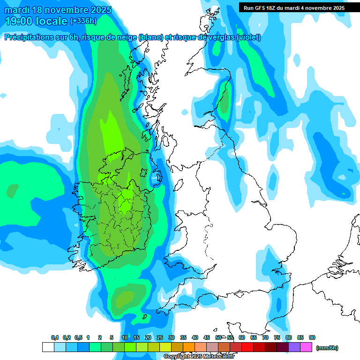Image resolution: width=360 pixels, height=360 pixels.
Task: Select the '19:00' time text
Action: tap(18, 21)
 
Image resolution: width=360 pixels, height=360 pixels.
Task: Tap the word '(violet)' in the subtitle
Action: tap(248, 37)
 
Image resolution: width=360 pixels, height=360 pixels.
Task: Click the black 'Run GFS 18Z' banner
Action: tap(294, 7)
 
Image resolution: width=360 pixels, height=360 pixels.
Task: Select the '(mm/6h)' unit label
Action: tap(327, 348)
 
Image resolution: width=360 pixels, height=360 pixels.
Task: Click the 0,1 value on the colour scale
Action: tap(55, 337)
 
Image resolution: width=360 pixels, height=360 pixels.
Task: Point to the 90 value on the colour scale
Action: tap(312, 337)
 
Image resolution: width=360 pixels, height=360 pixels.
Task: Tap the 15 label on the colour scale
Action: tap(136, 337)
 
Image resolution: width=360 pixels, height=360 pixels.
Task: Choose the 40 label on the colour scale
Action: tap(195, 337)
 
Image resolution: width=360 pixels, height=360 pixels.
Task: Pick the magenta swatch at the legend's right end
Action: tap(306, 347)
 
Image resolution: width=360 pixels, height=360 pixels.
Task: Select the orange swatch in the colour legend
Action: tap(189, 347)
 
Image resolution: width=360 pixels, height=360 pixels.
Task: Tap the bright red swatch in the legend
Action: tap(247, 347)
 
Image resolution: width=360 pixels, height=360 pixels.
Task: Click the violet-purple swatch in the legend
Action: tap(294, 347)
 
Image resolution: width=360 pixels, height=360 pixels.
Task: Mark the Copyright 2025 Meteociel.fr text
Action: tap(199, 356)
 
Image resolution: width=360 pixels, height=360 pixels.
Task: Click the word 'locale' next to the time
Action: tap(51, 21)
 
